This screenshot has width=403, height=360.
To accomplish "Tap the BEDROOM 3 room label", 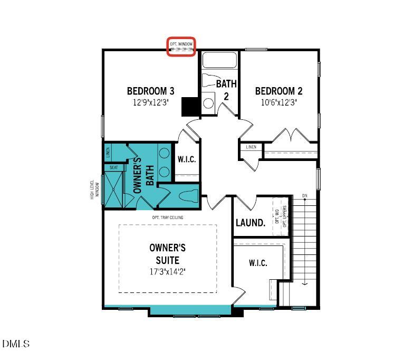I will tap(151, 90).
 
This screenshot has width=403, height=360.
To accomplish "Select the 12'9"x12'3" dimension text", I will tap(151, 102).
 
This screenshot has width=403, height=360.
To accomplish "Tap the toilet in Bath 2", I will tap(211, 81).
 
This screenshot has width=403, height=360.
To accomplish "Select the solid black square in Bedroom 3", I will tap(189, 107).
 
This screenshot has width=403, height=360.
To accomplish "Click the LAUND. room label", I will tap(250, 223).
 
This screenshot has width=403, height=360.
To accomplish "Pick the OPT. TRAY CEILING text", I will tap(168, 217).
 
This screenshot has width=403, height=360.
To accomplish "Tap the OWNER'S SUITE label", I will tap(168, 253).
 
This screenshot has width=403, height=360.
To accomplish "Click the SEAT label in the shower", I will tap(113, 167).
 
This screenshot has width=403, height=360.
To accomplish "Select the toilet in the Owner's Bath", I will tap(187, 196).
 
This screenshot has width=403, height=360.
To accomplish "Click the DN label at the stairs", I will tap(304, 196).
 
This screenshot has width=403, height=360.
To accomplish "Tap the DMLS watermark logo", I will tap(16, 344).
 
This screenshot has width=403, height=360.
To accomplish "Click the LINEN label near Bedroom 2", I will tap(251, 147).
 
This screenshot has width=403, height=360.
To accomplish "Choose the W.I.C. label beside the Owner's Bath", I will tap(187, 159).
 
